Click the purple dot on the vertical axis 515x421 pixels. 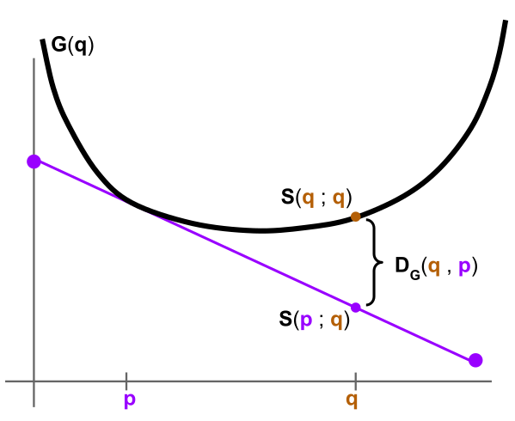(34, 162)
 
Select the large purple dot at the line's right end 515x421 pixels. (475, 360)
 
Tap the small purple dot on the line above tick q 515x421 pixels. (355, 307)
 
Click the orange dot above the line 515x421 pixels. (355, 217)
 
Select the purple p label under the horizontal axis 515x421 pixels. (129, 400)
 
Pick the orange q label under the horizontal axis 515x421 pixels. (352, 400)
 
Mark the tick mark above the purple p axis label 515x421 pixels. (126, 380)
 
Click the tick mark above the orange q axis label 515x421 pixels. (355, 380)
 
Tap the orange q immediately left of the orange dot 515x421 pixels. (338, 198)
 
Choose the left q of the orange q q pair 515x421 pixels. (308, 198)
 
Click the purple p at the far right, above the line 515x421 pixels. (464, 267)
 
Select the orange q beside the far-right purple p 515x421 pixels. (434, 266)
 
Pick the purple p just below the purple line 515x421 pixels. (306, 321)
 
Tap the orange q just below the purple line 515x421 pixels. (336, 321)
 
